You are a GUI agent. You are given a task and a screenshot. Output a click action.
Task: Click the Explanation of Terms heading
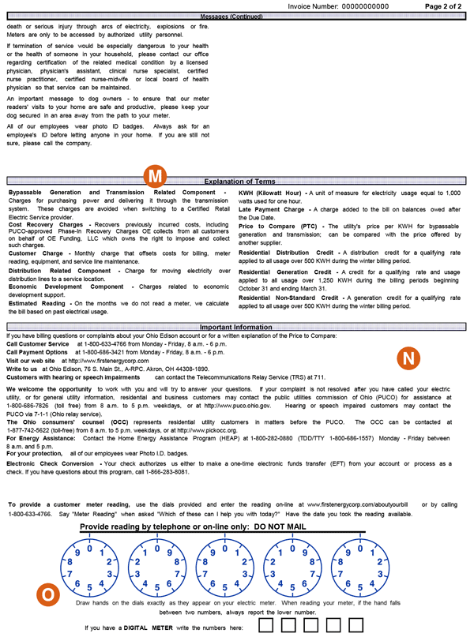click(x=237, y=182)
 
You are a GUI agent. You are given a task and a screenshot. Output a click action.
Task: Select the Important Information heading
click(x=237, y=327)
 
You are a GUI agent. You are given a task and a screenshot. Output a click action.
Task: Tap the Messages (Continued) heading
click(x=237, y=16)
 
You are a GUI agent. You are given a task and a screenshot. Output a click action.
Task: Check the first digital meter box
click(x=269, y=627)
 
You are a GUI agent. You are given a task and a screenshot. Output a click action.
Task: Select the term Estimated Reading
click(x=39, y=303)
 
